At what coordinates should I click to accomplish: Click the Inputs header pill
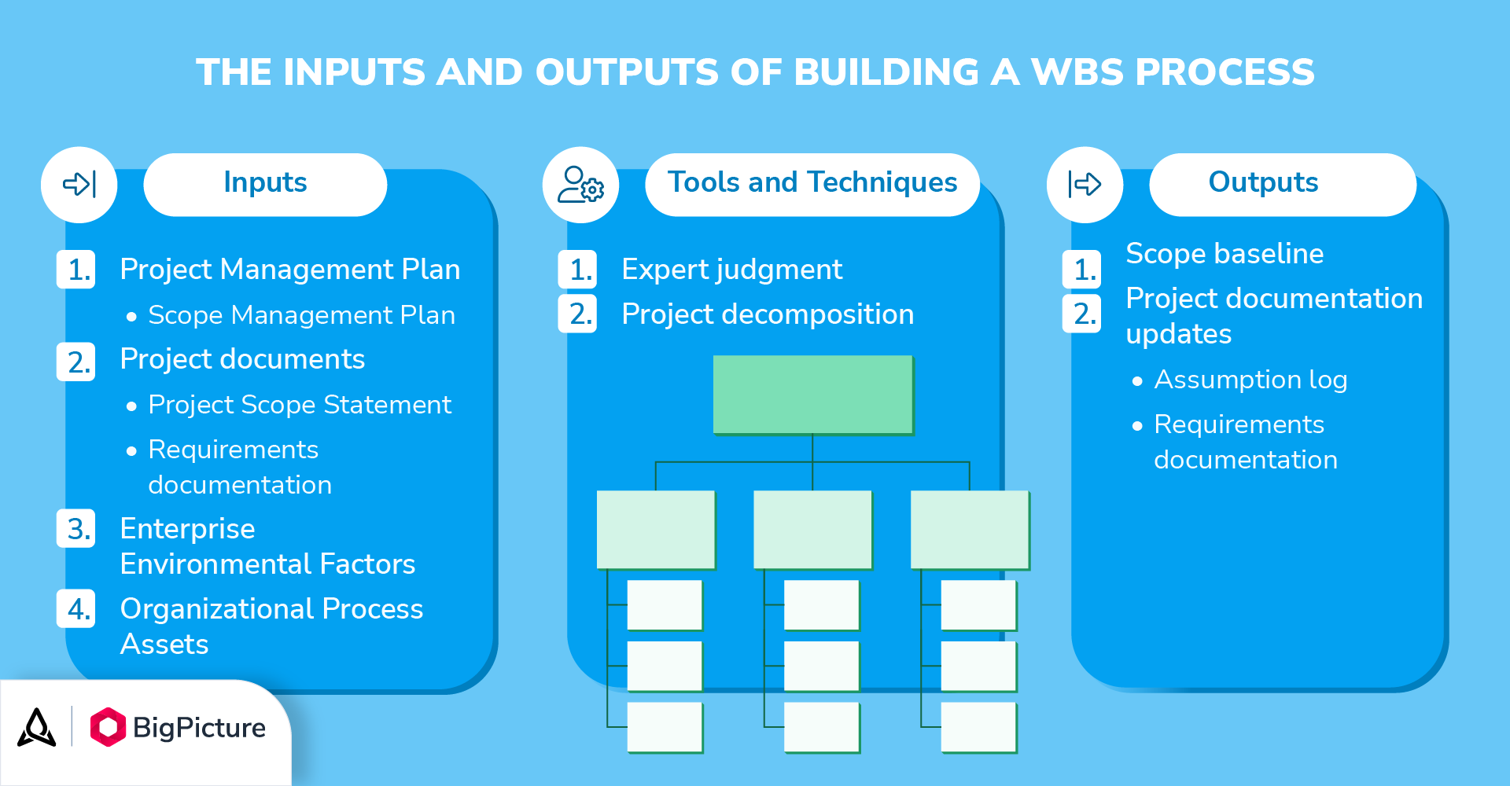point(265,184)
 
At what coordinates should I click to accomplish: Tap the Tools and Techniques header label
point(812,182)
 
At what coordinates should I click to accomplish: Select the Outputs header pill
point(1283,184)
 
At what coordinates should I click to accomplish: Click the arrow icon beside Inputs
point(79,184)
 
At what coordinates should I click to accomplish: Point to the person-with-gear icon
point(580,185)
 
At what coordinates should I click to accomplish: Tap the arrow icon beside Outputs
point(1085,185)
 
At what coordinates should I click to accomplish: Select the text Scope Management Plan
point(302,315)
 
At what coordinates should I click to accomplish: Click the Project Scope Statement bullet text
point(300,405)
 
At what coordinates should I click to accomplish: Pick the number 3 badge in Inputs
point(76,528)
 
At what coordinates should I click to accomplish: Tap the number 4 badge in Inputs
point(76,609)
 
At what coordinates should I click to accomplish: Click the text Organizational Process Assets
point(271,626)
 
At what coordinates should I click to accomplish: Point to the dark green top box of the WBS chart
point(813,395)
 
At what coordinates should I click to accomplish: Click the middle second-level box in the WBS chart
point(813,530)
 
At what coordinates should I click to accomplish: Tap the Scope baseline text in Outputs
point(1225,254)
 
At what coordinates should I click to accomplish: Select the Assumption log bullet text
point(1250,380)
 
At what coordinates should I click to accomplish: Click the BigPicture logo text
point(199,728)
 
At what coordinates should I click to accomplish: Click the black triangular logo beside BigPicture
point(37,727)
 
